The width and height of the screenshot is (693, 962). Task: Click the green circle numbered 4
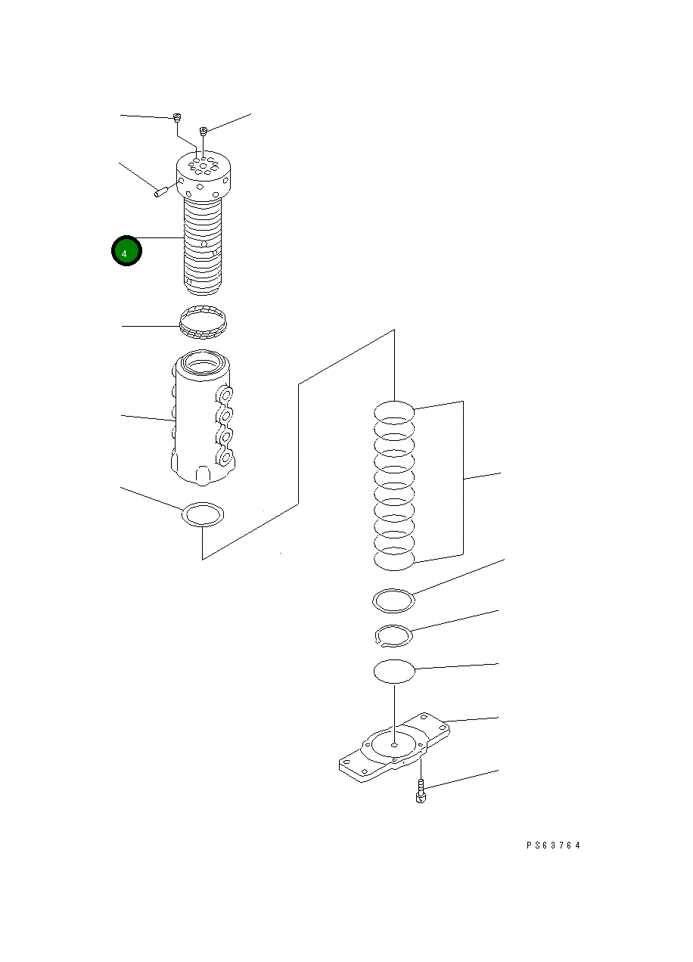(x=126, y=251)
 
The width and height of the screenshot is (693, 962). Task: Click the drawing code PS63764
(x=553, y=846)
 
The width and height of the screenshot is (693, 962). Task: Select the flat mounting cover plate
(x=394, y=747)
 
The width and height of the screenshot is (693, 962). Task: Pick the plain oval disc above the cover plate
(x=394, y=672)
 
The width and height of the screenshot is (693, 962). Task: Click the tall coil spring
(x=394, y=486)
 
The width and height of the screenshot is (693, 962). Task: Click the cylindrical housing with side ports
(x=202, y=417)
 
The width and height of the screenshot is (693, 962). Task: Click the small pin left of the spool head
(x=160, y=192)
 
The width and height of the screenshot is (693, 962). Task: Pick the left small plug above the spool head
(x=176, y=117)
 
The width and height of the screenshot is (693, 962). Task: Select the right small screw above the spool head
(x=204, y=131)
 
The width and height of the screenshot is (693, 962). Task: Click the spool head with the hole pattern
(x=204, y=175)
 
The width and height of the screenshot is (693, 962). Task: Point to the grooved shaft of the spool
(x=203, y=247)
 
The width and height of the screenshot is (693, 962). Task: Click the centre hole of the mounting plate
(x=394, y=744)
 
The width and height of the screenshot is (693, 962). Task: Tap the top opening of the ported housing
(x=203, y=365)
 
